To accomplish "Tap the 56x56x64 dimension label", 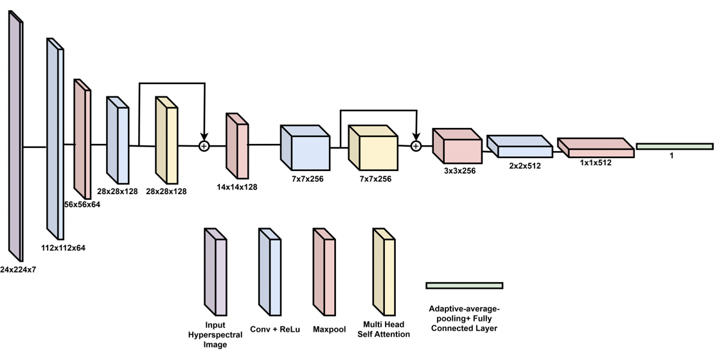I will [82, 204].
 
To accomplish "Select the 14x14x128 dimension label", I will [237, 187].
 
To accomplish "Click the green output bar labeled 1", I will [674, 147].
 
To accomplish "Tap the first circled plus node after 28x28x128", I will [204, 147].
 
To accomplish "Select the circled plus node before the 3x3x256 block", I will [416, 147].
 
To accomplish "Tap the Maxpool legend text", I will [329, 330].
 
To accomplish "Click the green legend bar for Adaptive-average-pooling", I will [464, 285].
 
